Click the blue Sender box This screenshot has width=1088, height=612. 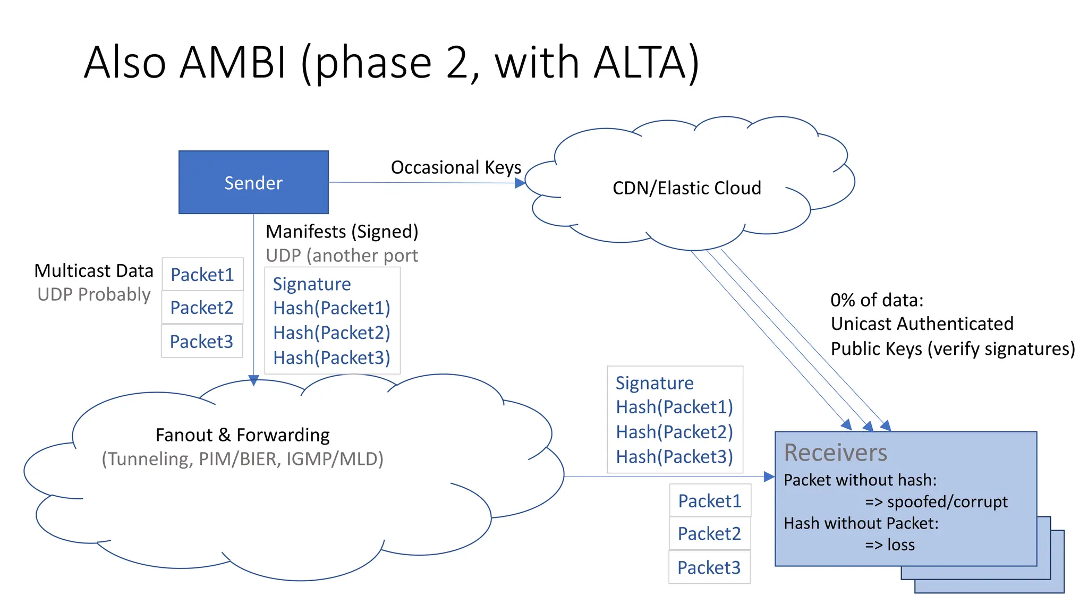click(x=253, y=182)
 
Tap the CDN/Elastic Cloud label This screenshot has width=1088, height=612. click(x=686, y=188)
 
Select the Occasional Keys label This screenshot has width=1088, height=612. click(x=456, y=167)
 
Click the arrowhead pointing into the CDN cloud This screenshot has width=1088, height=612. click(x=520, y=183)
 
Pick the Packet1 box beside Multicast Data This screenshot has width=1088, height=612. click(x=202, y=275)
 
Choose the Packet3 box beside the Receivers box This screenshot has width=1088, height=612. click(x=709, y=567)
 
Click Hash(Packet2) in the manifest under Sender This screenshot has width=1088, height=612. click(x=331, y=333)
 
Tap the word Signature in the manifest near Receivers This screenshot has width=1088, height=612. click(x=654, y=383)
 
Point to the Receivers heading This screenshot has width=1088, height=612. click(x=835, y=453)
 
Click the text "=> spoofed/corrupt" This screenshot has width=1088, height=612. click(x=936, y=501)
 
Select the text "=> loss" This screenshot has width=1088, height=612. click(x=890, y=545)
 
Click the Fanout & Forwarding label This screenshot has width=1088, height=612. click(x=242, y=435)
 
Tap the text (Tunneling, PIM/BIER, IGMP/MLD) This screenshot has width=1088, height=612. click(x=242, y=459)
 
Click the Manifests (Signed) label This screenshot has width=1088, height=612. click(x=342, y=232)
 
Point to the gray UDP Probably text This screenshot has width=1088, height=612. click(x=94, y=294)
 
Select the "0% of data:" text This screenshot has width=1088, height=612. click(x=877, y=300)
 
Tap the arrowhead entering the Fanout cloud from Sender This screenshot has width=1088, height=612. click(x=254, y=380)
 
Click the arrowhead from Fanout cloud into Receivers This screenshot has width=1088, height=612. click(x=769, y=477)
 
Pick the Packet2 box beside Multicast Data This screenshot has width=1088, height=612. click(x=202, y=308)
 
